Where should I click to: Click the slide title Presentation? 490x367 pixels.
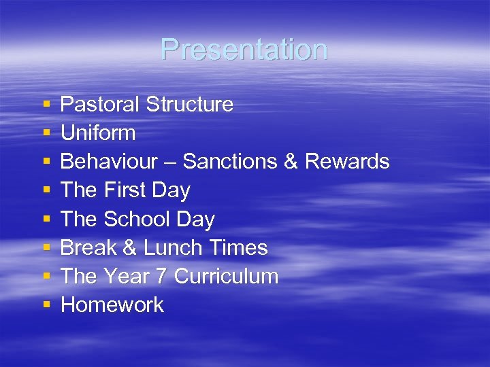[244, 50]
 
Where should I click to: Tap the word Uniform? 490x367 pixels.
[98, 133]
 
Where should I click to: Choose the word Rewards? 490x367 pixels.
[347, 162]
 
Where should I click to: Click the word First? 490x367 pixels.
[126, 191]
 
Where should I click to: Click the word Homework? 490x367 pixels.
[112, 305]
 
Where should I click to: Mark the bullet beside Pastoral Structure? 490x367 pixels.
[46, 105]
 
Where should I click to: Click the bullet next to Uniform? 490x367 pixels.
[46, 134]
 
